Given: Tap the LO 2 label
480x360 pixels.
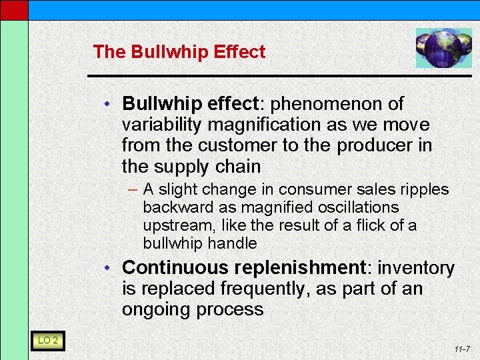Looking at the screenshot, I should pos(48,341).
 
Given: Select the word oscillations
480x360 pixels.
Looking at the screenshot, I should pos(354,208).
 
